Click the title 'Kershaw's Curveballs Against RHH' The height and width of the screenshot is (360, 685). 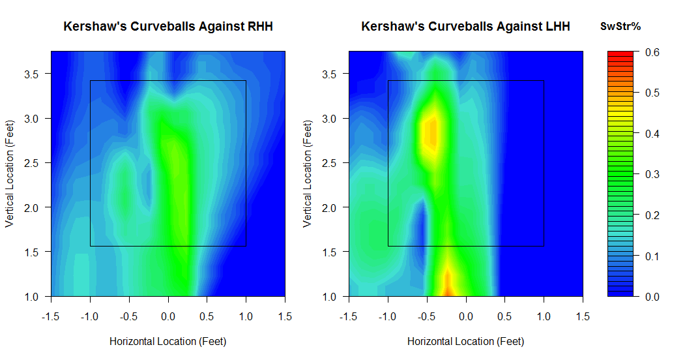(168, 27)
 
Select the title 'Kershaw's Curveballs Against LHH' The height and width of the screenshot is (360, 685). (466, 27)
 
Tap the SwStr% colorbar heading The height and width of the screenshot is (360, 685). (620, 27)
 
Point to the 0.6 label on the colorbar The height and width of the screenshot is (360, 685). (652, 52)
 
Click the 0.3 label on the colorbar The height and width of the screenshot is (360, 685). (652, 174)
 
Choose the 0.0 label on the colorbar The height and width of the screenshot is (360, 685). (652, 297)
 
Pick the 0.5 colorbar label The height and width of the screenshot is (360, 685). (652, 93)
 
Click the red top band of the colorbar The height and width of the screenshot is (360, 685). (620, 53)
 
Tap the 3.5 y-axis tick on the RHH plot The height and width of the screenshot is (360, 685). (31, 74)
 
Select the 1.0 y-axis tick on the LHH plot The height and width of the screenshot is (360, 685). (329, 297)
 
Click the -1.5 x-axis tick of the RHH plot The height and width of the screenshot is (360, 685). (51, 317)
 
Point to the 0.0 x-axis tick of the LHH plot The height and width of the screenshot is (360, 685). (466, 317)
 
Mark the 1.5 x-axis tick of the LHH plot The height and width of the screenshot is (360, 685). (583, 317)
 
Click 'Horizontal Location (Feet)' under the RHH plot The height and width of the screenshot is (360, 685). (168, 341)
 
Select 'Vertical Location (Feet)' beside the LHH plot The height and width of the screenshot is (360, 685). (308, 174)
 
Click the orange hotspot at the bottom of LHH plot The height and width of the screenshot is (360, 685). (448, 284)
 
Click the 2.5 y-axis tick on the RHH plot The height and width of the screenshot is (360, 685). (31, 164)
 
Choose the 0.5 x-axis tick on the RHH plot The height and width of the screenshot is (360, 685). (207, 317)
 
